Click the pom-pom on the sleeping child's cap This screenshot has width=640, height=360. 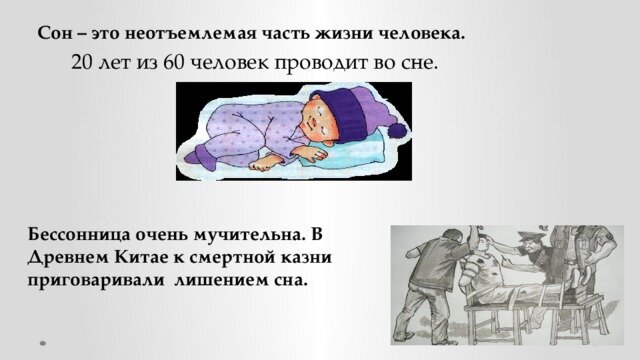pyautogui.click(x=396, y=129)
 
